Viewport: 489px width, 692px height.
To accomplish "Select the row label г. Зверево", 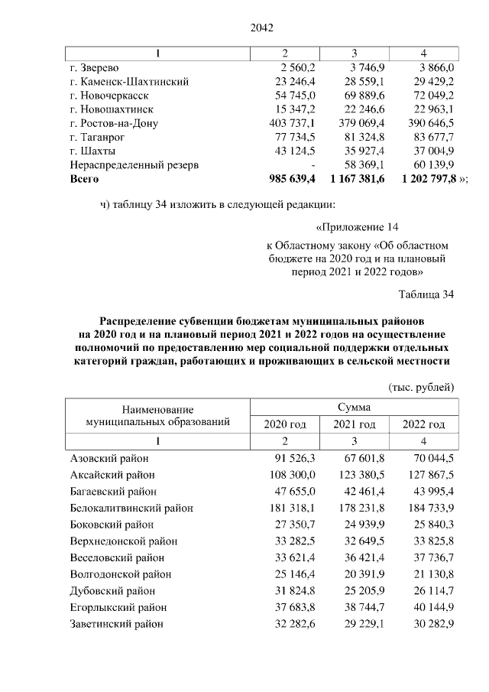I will (95, 67).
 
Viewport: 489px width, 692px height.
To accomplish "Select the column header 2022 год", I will (423, 424).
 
